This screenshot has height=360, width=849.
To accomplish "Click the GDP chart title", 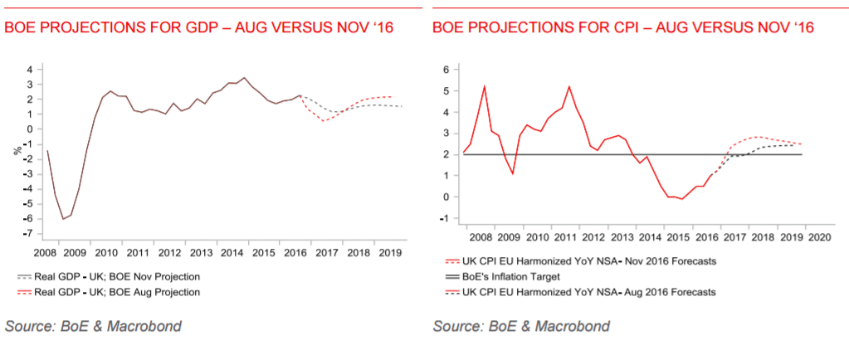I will click(x=198, y=28).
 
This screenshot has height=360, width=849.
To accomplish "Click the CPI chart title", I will click(x=622, y=28).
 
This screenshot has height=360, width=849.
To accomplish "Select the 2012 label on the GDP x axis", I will click(x=169, y=252).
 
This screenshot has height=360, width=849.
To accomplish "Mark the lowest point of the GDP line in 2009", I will click(x=62, y=219).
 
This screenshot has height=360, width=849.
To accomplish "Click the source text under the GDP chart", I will click(x=93, y=326).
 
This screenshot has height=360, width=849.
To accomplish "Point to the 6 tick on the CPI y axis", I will click(x=446, y=69).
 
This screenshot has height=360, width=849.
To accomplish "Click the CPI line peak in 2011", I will click(x=569, y=86).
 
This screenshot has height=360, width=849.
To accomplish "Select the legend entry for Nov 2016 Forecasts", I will click(x=581, y=260).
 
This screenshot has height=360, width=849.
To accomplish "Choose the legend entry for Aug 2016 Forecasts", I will click(x=581, y=292).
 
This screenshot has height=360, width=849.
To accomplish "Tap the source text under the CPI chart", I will click(x=521, y=326).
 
